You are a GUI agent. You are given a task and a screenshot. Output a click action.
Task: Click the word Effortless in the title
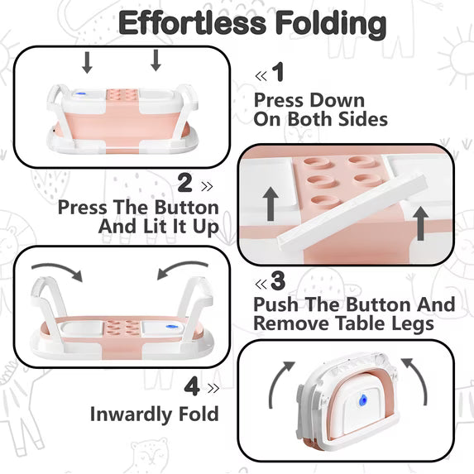[x=192, y=23]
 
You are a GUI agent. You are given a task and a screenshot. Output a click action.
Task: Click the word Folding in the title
[x=331, y=25]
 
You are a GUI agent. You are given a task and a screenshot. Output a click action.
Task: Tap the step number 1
[x=278, y=72]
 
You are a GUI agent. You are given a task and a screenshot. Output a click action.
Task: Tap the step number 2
[x=184, y=183]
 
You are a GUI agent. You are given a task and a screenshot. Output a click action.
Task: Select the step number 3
[x=278, y=281]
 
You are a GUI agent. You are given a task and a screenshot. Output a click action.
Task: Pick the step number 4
[x=192, y=386]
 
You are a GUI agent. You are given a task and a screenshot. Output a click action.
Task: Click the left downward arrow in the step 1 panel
[x=87, y=63]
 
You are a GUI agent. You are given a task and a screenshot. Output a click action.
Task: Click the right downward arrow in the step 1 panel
[x=156, y=60]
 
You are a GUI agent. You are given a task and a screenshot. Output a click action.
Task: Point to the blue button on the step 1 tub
[x=80, y=94]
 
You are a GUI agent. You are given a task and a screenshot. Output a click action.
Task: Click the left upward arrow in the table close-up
[x=271, y=203]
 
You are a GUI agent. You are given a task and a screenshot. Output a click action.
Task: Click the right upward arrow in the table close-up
[x=420, y=223]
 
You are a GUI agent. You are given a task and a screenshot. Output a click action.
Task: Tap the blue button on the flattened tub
[x=171, y=327]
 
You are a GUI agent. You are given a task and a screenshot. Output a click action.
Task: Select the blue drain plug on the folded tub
[x=362, y=400]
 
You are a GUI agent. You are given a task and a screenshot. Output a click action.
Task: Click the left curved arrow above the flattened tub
[x=59, y=270]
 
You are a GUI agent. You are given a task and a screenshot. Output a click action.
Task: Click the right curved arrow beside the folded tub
[x=416, y=378]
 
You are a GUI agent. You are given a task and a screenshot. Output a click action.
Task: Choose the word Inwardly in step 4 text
[x=132, y=414]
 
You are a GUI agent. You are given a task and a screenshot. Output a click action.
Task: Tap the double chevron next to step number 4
[x=213, y=388]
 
